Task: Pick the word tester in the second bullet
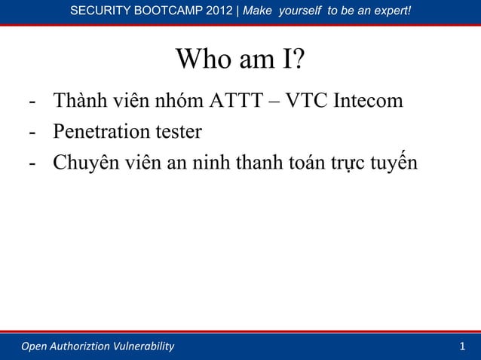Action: click(x=178, y=133)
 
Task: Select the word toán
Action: click(x=306, y=165)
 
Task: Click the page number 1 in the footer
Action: click(x=462, y=346)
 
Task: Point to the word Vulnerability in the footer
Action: click(x=142, y=346)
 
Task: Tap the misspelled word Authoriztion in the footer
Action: click(x=78, y=346)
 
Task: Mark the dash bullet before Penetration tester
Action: click(x=32, y=133)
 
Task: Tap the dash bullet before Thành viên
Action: click(x=32, y=101)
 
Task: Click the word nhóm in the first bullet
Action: click(x=173, y=100)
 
